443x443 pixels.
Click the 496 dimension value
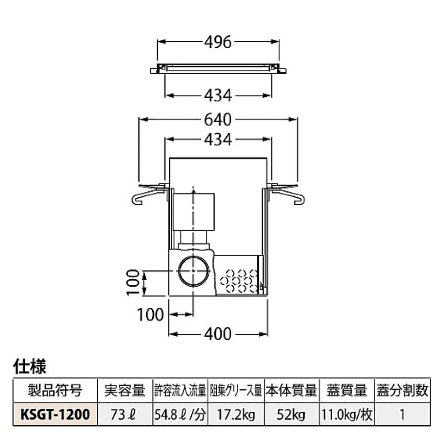pos(218,42)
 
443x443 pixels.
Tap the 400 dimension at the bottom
pos(218,334)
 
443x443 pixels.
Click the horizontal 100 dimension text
pos(151,315)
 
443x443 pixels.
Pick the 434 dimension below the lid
pos(218,95)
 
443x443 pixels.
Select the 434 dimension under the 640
pos(218,140)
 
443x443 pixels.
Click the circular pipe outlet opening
pos(194,271)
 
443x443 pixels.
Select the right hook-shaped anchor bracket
pos(288,195)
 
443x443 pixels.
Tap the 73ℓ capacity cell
pos(125,415)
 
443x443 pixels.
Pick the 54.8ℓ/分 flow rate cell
pos(180,415)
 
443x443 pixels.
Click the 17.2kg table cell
pos(236,415)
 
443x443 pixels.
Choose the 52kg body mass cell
pos(291,415)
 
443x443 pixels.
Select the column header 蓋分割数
pos(402,391)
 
